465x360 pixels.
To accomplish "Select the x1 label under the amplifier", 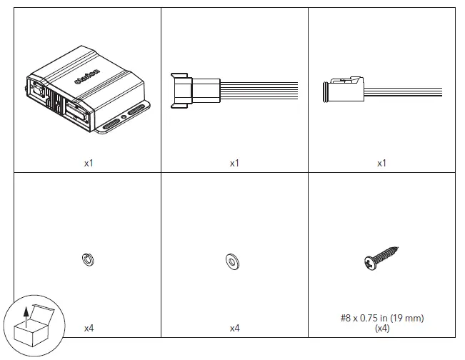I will click(89, 163).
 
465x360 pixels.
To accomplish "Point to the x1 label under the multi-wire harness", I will click(234, 163).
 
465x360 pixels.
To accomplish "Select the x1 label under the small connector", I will click(381, 163).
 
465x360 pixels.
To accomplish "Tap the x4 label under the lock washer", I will click(89, 328).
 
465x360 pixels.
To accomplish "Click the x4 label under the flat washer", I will click(234, 328).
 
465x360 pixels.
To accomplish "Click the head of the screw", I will click(369, 263).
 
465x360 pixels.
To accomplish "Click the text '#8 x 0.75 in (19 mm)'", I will click(381, 319).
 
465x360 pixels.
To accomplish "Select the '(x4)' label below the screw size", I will click(381, 328).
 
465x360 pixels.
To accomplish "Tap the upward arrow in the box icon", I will click(26, 314).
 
